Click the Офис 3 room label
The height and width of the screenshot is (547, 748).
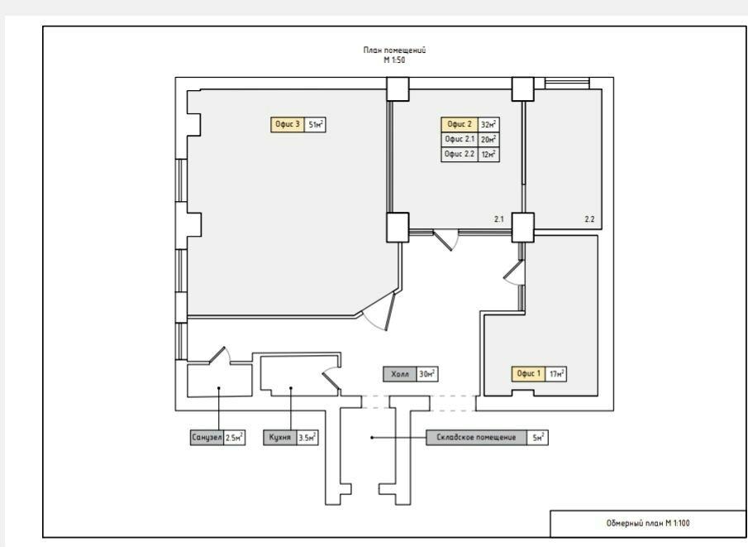click(288, 125)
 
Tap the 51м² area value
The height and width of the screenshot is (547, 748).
click(316, 125)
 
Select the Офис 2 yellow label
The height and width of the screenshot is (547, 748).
click(460, 124)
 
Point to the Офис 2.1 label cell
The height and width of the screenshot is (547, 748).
click(460, 140)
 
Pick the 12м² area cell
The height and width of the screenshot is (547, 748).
click(489, 154)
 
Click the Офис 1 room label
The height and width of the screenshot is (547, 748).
click(529, 373)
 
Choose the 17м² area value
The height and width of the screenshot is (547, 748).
click(556, 373)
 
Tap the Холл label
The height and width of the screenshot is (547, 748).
click(400, 374)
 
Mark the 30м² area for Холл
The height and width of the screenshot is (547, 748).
click(427, 374)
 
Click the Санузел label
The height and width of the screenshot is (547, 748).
click(207, 438)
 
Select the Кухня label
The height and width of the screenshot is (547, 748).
click(279, 438)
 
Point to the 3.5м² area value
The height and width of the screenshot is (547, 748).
click(307, 438)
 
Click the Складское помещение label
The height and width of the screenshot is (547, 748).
click(477, 438)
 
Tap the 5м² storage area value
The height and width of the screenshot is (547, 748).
click(537, 438)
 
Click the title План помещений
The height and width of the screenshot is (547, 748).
click(394, 50)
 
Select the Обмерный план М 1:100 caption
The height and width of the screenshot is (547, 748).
click(648, 523)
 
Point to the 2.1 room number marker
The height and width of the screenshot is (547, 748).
click(499, 219)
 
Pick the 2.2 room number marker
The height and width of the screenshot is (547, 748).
click(589, 219)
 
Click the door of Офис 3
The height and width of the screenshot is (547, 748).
click(390, 311)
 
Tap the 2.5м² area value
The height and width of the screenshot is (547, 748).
click(235, 438)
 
